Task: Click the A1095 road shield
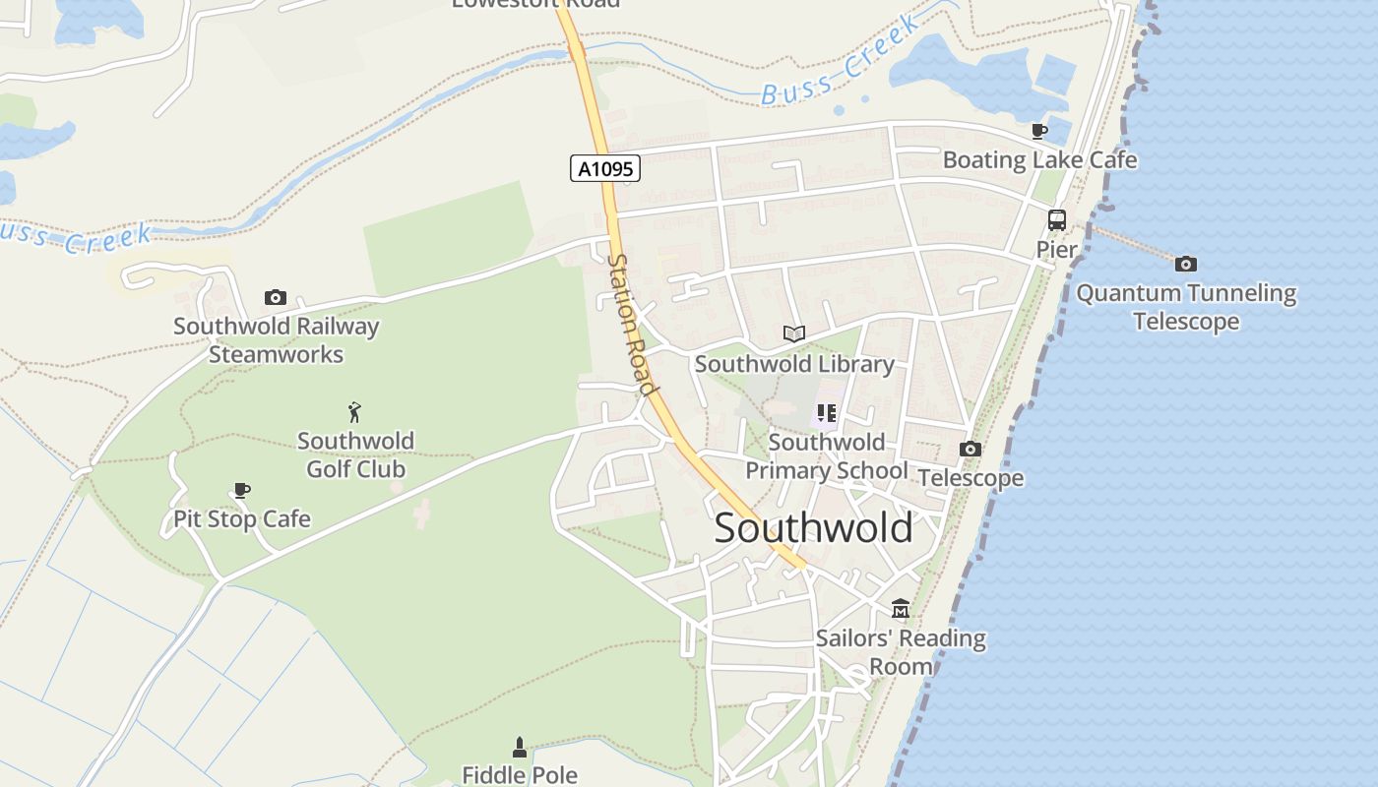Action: (x=605, y=169)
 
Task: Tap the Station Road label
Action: (x=632, y=325)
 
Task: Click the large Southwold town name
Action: (x=813, y=528)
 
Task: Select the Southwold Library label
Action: (x=794, y=364)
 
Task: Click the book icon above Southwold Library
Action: (x=794, y=333)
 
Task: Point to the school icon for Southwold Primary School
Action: (x=827, y=413)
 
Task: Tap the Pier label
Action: (x=1056, y=250)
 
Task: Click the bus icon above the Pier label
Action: (x=1057, y=220)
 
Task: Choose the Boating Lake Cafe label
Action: (x=1039, y=159)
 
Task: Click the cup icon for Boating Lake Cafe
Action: (x=1039, y=131)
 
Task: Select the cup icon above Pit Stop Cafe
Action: (x=242, y=490)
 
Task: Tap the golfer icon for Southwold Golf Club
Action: (x=354, y=412)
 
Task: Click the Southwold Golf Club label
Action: (x=355, y=454)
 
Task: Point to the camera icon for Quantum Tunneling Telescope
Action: (x=1186, y=264)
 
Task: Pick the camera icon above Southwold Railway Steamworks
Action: (x=276, y=297)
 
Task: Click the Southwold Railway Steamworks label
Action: (x=276, y=340)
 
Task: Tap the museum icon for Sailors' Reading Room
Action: (x=901, y=609)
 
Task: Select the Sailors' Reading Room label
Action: (x=901, y=652)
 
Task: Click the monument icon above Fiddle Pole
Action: (x=520, y=748)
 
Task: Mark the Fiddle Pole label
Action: (x=520, y=775)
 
